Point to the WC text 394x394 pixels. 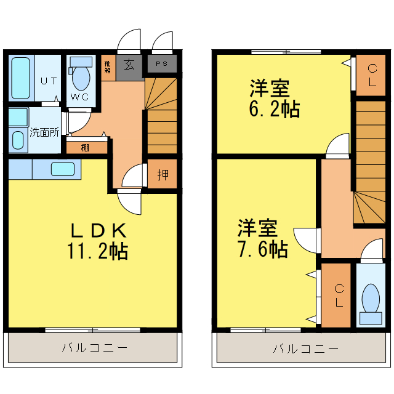pos(79,97)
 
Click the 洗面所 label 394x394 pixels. pos(44,132)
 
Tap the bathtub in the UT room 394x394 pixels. pos(22,78)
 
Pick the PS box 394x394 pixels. pos(161,64)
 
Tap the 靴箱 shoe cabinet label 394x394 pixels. pos(108,66)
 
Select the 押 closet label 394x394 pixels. pos(163,175)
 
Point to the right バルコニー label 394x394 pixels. pos(305,349)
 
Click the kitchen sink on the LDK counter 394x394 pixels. pos(62,169)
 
